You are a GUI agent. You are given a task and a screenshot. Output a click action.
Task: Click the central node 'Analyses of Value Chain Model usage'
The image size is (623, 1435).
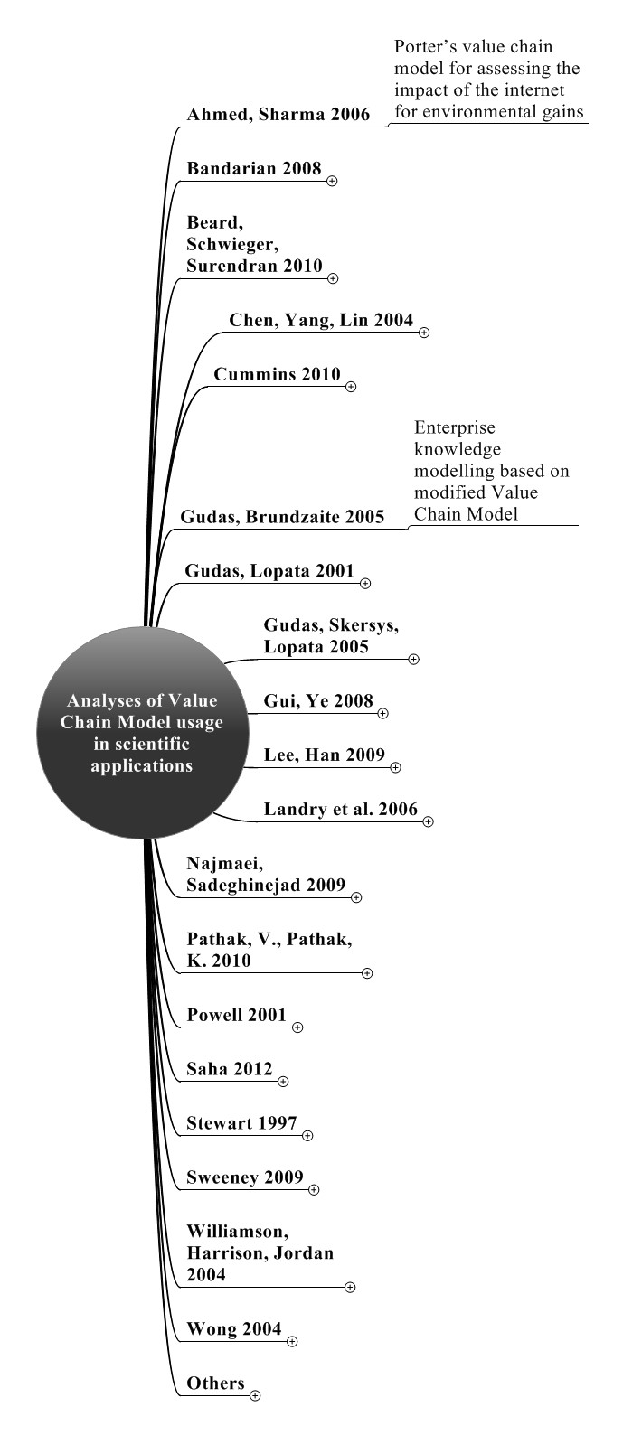point(142,732)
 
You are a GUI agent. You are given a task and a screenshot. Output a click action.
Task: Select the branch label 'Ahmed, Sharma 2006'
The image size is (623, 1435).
point(278,114)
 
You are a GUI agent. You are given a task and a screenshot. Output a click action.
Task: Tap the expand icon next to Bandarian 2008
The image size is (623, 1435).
point(332,182)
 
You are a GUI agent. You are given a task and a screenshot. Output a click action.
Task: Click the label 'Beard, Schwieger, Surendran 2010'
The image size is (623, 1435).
point(254,244)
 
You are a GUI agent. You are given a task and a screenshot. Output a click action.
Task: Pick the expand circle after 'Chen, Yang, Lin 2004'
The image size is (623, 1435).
point(424,333)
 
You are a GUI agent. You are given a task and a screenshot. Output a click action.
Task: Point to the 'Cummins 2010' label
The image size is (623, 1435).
point(277,374)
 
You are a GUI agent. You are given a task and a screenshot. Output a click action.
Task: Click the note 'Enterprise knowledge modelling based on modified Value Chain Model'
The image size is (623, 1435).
point(492,471)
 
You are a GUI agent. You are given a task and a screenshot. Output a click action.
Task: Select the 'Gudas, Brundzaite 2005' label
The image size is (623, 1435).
point(282,516)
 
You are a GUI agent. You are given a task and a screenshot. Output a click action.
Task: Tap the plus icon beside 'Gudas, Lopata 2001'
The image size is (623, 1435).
point(365,584)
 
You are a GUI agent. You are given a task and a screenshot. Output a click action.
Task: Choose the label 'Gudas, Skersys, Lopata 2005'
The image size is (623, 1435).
point(331,635)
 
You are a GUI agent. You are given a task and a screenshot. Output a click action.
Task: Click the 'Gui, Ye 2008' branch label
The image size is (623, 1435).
point(318,700)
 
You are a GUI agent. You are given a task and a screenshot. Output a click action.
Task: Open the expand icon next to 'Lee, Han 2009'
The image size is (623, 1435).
point(395,767)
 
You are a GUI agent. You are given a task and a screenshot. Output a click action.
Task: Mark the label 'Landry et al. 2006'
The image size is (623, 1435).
point(340,809)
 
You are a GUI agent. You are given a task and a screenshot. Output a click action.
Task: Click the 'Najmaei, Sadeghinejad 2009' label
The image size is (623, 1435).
point(266,874)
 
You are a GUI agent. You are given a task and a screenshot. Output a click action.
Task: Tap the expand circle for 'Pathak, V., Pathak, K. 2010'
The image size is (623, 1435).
point(367,973)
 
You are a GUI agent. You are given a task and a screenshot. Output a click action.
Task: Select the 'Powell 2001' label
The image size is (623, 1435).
point(237,1015)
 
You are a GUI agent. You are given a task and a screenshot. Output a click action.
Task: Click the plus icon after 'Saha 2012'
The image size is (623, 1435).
point(283,1082)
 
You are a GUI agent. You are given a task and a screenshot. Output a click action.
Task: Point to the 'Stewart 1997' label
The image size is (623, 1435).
point(241,1123)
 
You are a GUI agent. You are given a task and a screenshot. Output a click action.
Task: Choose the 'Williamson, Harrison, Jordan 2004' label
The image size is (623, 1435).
point(260,1252)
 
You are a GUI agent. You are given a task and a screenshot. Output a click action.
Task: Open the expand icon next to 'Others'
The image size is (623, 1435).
point(255,1395)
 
